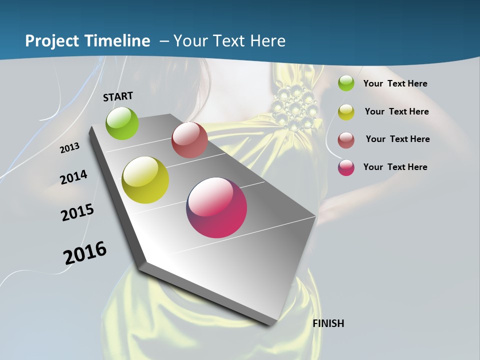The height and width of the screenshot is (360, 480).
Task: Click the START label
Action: pos(118,96)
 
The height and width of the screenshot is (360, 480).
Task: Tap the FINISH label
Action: pos(328,323)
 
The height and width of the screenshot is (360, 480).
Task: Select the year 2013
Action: pos(70,147)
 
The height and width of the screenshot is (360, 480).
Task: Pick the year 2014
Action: pos(74,177)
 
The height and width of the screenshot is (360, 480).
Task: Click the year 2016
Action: pos(85,253)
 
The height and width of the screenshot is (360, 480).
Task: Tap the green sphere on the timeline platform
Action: pos(122,123)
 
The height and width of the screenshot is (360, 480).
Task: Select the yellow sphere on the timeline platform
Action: pos(145,180)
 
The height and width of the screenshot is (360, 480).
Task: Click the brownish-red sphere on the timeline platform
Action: pos(189,140)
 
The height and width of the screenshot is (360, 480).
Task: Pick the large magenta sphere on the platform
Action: pos(216,207)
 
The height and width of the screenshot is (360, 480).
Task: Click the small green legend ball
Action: pos(346,83)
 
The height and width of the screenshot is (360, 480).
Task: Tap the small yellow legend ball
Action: pos(346,112)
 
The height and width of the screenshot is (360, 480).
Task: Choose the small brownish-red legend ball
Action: pos(346,140)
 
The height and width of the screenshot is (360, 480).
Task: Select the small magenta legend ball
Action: pos(346,167)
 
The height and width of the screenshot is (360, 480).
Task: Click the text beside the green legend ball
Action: pos(395,83)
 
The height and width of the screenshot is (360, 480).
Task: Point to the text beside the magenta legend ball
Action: pos(395,167)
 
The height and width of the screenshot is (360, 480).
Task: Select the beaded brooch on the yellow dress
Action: pos(295,106)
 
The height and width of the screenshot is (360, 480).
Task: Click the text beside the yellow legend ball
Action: pos(396,111)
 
